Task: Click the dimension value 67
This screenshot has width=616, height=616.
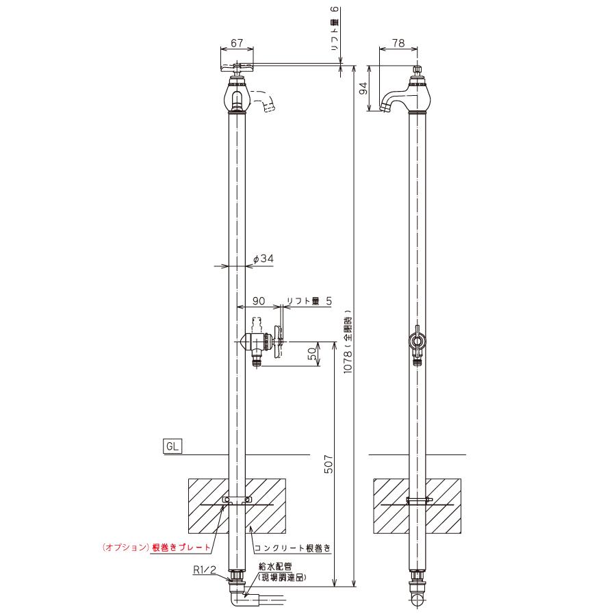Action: click(237, 43)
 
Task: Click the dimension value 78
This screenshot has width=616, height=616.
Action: click(398, 43)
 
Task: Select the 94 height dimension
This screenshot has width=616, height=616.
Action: click(364, 88)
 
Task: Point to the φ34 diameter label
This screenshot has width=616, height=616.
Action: click(264, 259)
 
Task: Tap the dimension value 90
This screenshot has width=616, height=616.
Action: click(259, 301)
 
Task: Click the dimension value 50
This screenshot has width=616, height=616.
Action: click(311, 354)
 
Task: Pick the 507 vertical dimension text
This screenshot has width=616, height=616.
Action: click(329, 464)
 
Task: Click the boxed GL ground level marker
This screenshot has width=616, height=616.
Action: click(172, 446)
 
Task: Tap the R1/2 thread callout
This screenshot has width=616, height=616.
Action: click(204, 569)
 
